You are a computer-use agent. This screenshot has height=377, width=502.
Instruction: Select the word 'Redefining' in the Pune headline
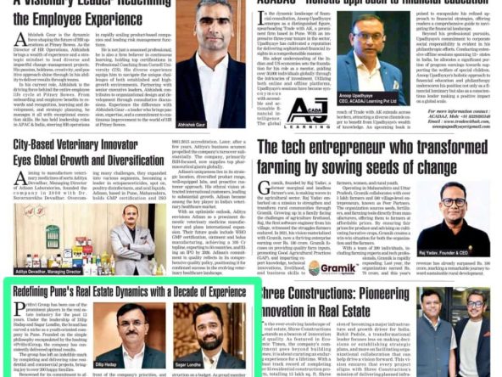[x=36, y=292]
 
